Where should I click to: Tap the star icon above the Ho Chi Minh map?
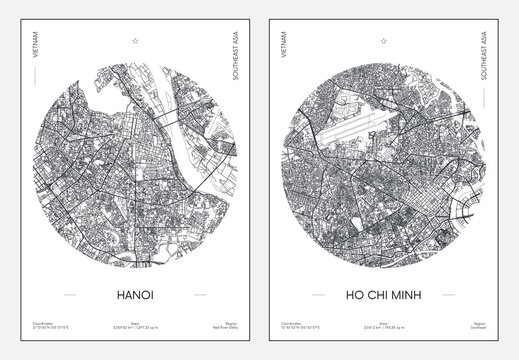click(x=388, y=41)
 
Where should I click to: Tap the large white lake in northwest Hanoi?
click(x=96, y=91)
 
